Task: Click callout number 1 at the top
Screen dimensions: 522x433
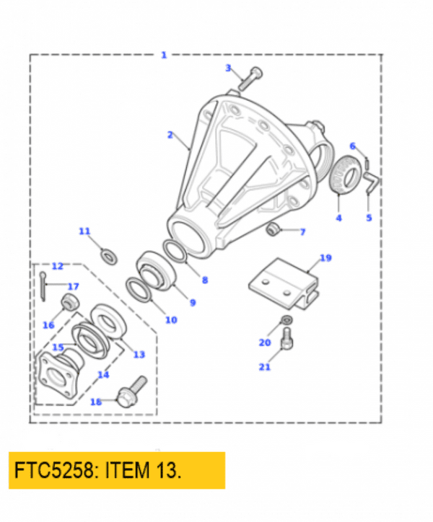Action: tap(164, 55)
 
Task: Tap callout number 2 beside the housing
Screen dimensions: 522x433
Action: tap(170, 134)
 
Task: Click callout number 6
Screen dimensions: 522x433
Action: tap(353, 146)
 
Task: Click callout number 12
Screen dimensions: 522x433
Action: tap(58, 267)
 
